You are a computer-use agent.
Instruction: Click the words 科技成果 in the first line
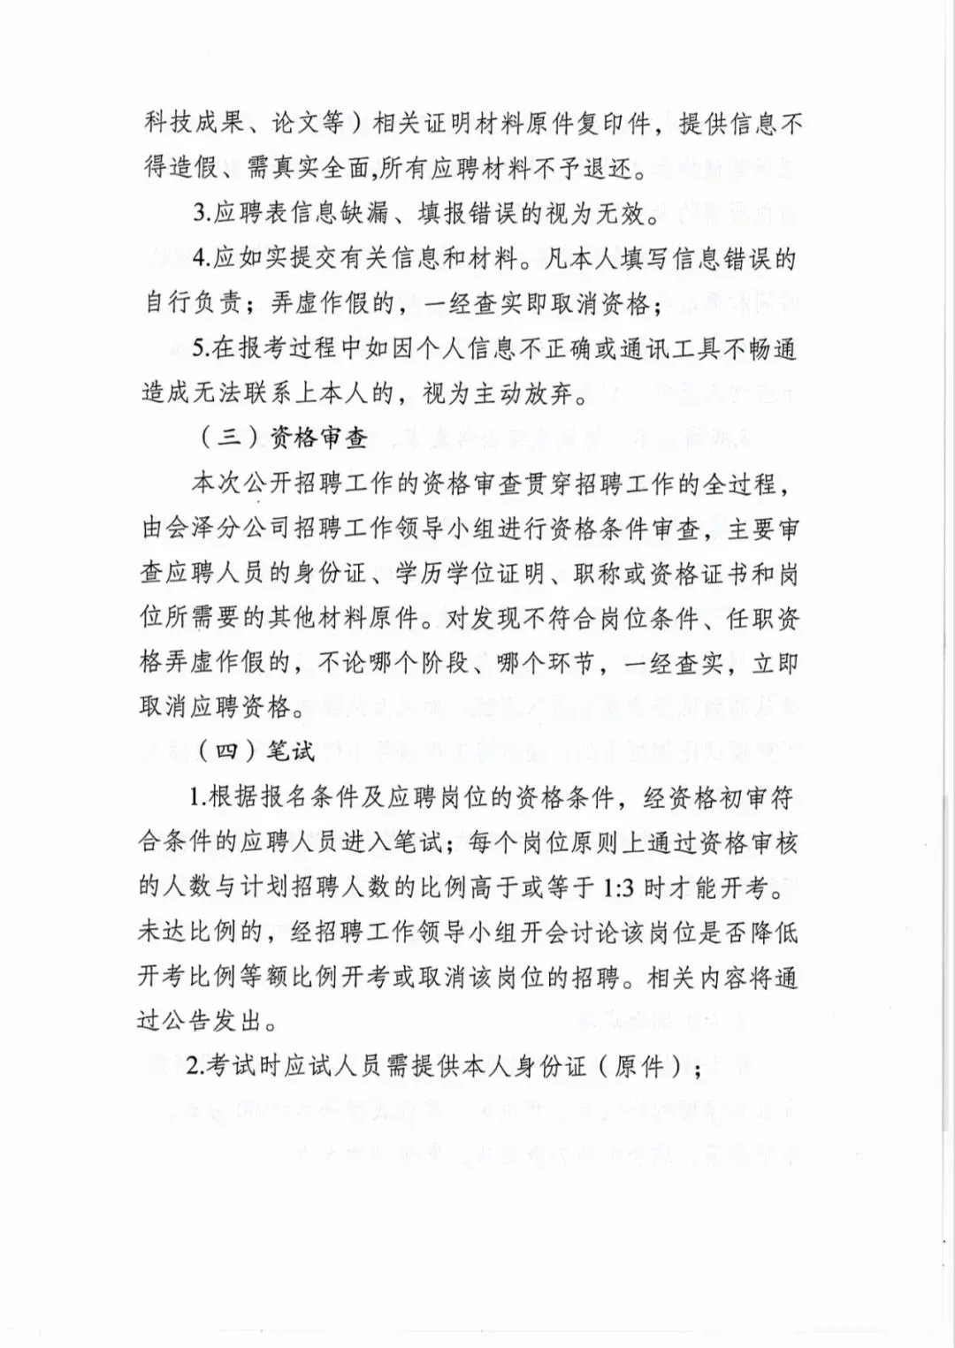click(x=194, y=124)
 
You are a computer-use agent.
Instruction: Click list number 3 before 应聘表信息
click(x=199, y=213)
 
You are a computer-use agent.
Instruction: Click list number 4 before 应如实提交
click(x=199, y=259)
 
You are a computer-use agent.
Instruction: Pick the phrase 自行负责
click(x=192, y=303)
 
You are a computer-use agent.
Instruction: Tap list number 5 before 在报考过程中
click(x=199, y=348)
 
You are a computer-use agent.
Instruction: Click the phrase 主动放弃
click(x=522, y=393)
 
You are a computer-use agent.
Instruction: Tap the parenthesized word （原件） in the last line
click(x=641, y=1067)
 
